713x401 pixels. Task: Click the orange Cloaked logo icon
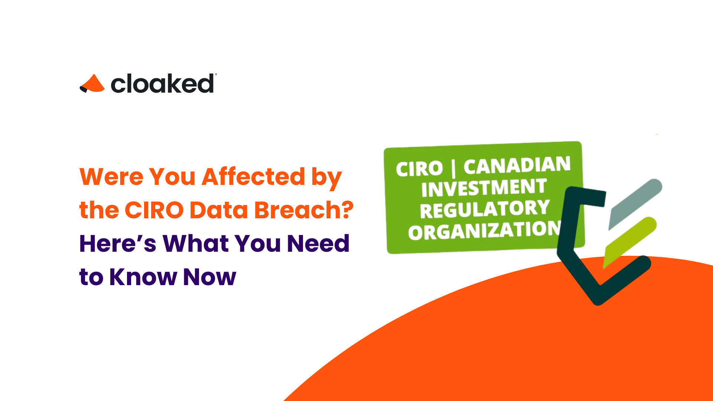point(93,84)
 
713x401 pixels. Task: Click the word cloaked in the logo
point(162,84)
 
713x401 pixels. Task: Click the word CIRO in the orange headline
point(154,210)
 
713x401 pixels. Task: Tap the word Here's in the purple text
point(118,244)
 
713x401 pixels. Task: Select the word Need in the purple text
point(318,244)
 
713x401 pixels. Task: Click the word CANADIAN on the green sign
point(517,166)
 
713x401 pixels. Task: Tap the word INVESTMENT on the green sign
point(484,188)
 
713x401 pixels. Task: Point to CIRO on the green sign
point(419,169)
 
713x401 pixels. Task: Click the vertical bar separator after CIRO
point(453,168)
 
